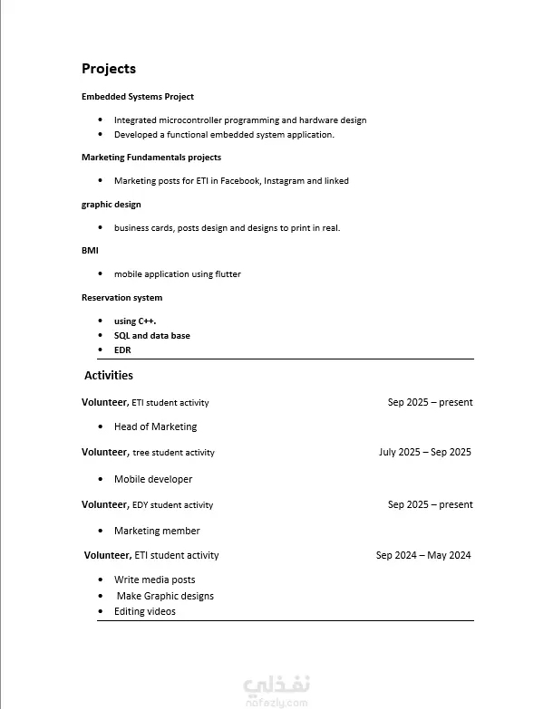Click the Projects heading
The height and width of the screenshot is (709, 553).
109,69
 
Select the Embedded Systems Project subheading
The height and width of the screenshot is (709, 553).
138,97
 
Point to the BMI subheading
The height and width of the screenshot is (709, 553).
90,250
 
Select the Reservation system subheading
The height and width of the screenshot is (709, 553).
122,298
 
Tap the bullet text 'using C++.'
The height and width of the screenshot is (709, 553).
135,321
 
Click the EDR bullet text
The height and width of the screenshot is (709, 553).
122,350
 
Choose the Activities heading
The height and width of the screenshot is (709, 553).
109,375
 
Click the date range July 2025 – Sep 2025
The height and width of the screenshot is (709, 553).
424,452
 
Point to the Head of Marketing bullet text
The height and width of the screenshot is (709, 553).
155,426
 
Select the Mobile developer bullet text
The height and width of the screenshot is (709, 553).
153,479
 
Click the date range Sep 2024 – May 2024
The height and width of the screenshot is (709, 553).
423,556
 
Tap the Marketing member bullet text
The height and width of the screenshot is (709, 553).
157,531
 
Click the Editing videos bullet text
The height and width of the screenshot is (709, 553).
145,611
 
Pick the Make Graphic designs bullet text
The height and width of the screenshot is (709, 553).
165,596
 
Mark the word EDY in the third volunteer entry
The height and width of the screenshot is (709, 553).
140,505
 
